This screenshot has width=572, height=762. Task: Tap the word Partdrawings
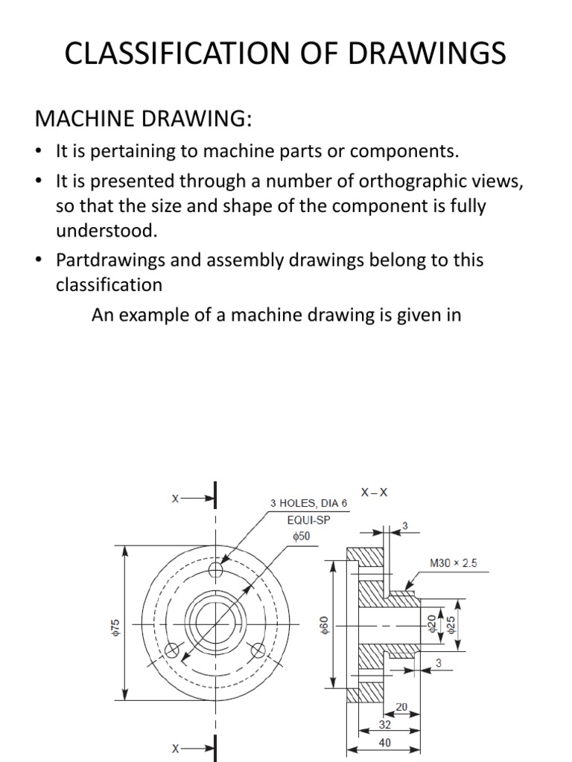111,260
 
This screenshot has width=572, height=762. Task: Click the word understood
107,230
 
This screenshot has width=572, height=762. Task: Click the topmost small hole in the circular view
216,571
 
